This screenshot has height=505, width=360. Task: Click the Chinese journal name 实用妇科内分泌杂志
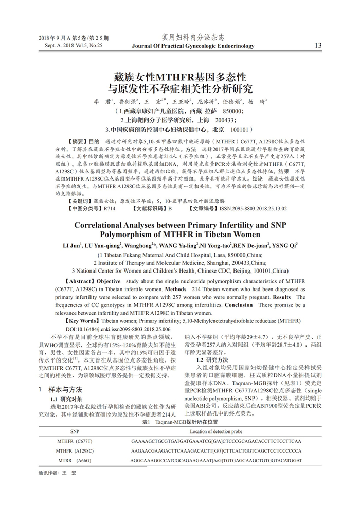tap(193, 37)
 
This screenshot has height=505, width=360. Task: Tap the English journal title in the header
tap(193, 46)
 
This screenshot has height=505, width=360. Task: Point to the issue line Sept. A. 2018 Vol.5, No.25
tap(70, 45)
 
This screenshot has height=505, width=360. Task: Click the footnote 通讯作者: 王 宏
tap(57, 472)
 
